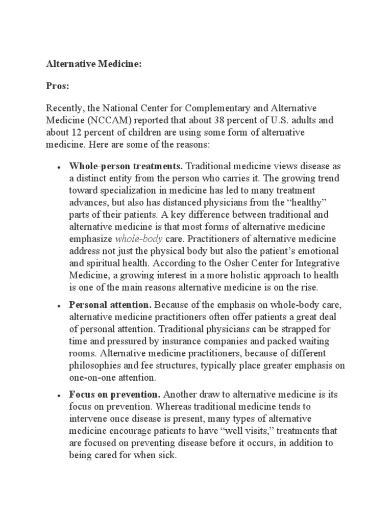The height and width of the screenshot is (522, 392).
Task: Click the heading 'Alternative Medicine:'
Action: point(93,65)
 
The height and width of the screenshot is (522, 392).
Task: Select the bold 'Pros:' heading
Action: point(58,87)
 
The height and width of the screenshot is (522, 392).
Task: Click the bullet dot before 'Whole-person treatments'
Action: point(59,167)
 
